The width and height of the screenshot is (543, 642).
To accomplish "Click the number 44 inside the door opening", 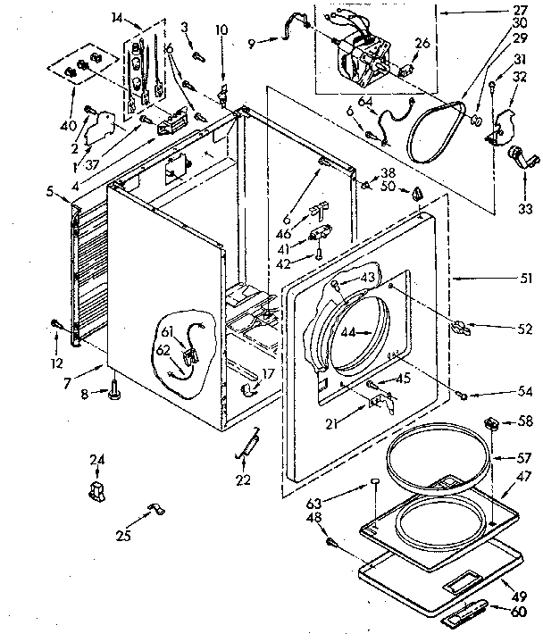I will [347, 332].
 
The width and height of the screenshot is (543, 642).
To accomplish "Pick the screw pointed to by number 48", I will [331, 541].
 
